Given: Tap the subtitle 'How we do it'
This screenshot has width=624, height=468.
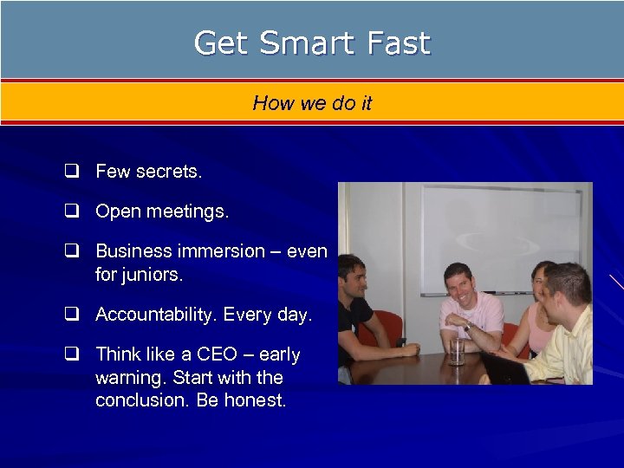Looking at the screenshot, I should (312, 103).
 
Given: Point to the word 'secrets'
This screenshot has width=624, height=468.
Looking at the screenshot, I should (169, 172).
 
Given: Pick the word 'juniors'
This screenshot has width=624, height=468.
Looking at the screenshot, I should (154, 275).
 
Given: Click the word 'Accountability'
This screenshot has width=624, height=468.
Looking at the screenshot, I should (156, 315).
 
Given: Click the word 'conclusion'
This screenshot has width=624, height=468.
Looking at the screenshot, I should (138, 401).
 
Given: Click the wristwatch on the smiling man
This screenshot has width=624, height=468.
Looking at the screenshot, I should (470, 327).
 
